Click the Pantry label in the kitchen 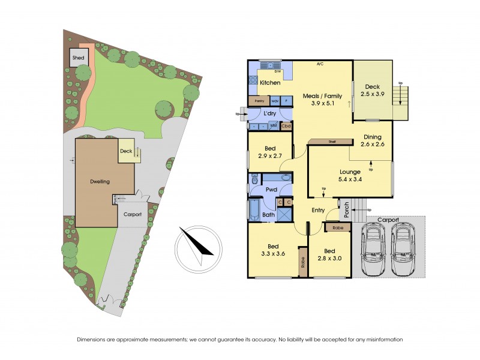tap(260, 101)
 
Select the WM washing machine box tap(274, 126)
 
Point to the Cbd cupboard tap(286, 126)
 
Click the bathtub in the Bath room tap(253, 212)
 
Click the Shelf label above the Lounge tap(332, 142)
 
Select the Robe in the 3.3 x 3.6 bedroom tap(303, 262)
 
